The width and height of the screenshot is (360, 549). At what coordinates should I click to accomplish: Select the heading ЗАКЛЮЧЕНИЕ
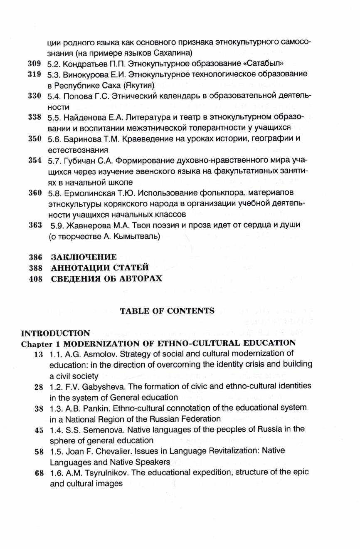[84, 257]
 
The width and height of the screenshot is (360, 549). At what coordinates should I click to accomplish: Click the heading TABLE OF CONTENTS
[167, 310]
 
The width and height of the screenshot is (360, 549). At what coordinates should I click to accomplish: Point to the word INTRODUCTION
[55, 333]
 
